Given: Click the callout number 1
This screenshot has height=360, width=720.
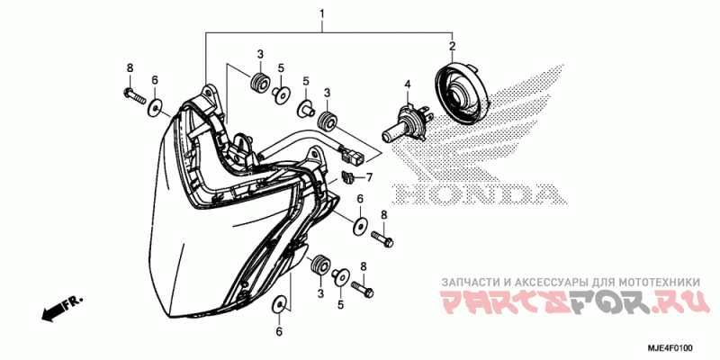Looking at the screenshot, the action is pyautogui.click(x=322, y=14).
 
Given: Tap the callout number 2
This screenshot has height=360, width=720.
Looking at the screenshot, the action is pyautogui.click(x=453, y=46).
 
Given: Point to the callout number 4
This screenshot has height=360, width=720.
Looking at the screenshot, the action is pyautogui.click(x=407, y=84).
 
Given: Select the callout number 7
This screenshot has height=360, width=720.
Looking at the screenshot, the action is pyautogui.click(x=367, y=176).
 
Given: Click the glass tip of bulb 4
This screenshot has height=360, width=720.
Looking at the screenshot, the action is pyautogui.click(x=390, y=135).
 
